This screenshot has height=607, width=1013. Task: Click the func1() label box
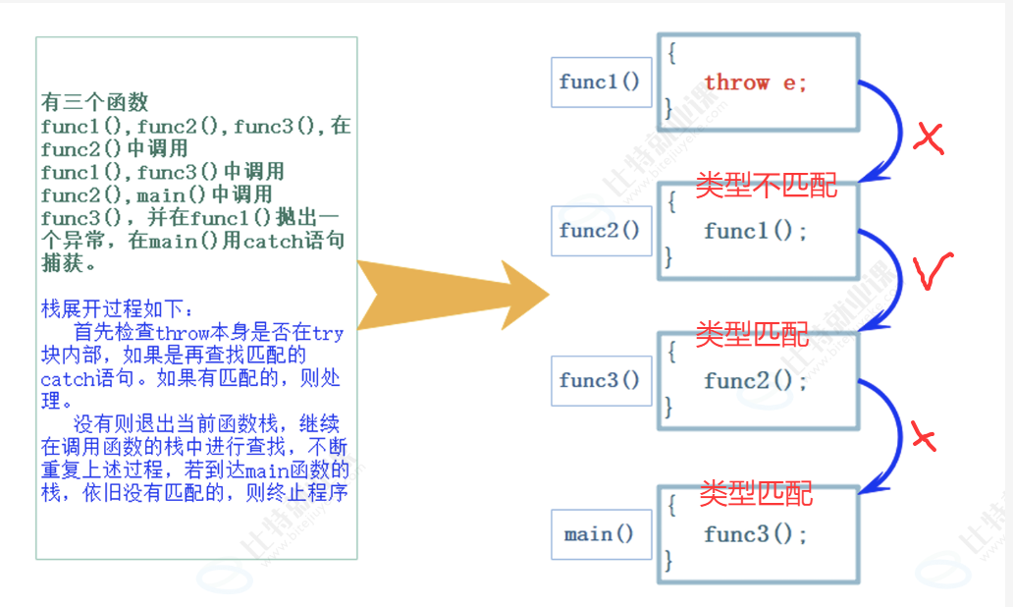[x=601, y=82]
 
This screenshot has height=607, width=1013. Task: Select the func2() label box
[x=601, y=231]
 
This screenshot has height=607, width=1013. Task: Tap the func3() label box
[x=601, y=380]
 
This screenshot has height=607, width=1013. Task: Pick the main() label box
[x=601, y=534]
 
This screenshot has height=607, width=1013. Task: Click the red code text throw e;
[x=755, y=83]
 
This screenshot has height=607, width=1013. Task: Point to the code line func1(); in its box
[x=755, y=232]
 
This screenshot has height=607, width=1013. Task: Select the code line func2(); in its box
[x=755, y=381]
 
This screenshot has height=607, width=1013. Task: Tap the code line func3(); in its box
[x=755, y=534]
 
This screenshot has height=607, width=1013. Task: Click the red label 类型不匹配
[x=767, y=184]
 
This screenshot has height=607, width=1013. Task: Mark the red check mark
[x=933, y=273]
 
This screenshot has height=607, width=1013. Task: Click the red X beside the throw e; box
[x=928, y=138]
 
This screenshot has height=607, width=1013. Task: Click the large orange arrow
[x=452, y=295]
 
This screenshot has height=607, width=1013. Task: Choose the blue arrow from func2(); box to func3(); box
[x=896, y=437]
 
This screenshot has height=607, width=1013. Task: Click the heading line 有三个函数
[x=94, y=102]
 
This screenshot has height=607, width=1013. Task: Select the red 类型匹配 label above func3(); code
[x=756, y=491]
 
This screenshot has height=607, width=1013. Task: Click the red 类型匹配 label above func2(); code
[x=752, y=334]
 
